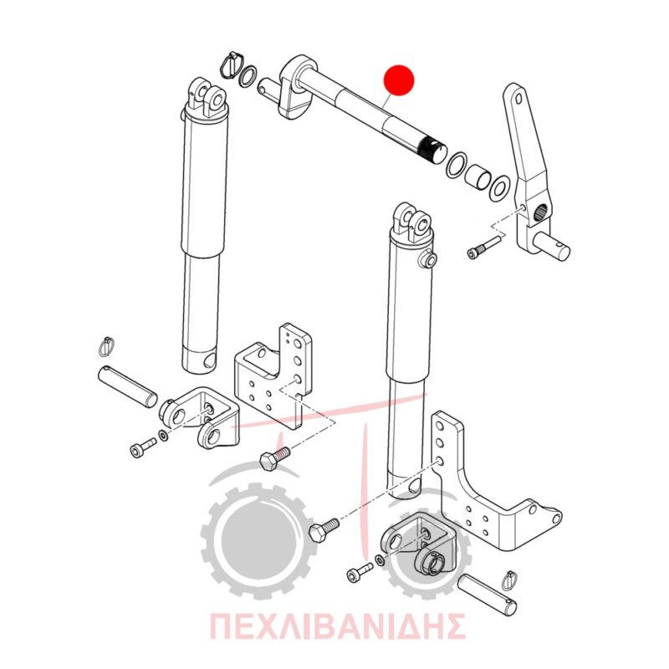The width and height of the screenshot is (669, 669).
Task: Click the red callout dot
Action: (x=399, y=79)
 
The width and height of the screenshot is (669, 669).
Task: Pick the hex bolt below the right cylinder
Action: (x=324, y=529)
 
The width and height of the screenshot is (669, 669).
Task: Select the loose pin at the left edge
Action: (x=128, y=387)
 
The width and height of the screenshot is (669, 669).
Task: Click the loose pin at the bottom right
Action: (x=487, y=596)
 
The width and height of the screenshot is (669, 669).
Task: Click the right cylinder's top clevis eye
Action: (x=412, y=222)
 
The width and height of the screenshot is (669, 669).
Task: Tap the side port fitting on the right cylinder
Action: (x=428, y=260)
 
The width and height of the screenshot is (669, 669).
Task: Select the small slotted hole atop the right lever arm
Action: (x=518, y=99)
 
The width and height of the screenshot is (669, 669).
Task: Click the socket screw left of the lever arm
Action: (x=484, y=248)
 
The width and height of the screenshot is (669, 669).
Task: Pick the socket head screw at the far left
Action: (x=143, y=447)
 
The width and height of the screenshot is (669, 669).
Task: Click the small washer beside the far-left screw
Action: (x=162, y=436)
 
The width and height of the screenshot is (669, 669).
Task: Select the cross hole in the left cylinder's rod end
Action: (x=210, y=360)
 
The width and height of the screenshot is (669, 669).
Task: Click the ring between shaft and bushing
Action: (x=456, y=164)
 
